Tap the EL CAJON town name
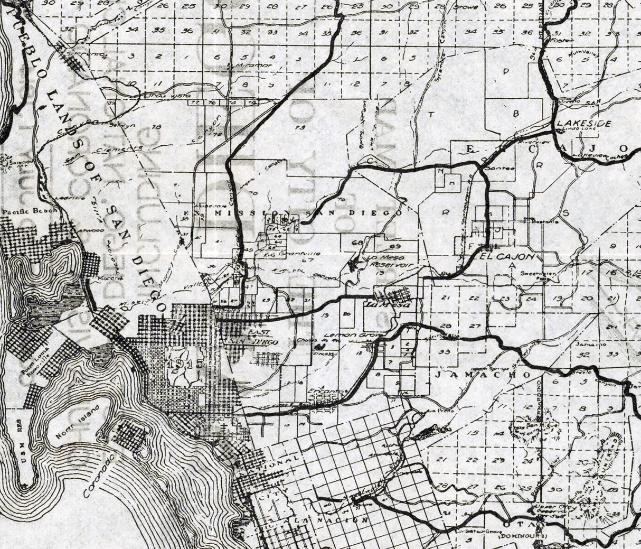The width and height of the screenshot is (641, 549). click(x=507, y=256)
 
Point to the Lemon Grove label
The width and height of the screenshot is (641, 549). click(x=344, y=335)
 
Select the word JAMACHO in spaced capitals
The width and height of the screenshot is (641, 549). click(x=483, y=374)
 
